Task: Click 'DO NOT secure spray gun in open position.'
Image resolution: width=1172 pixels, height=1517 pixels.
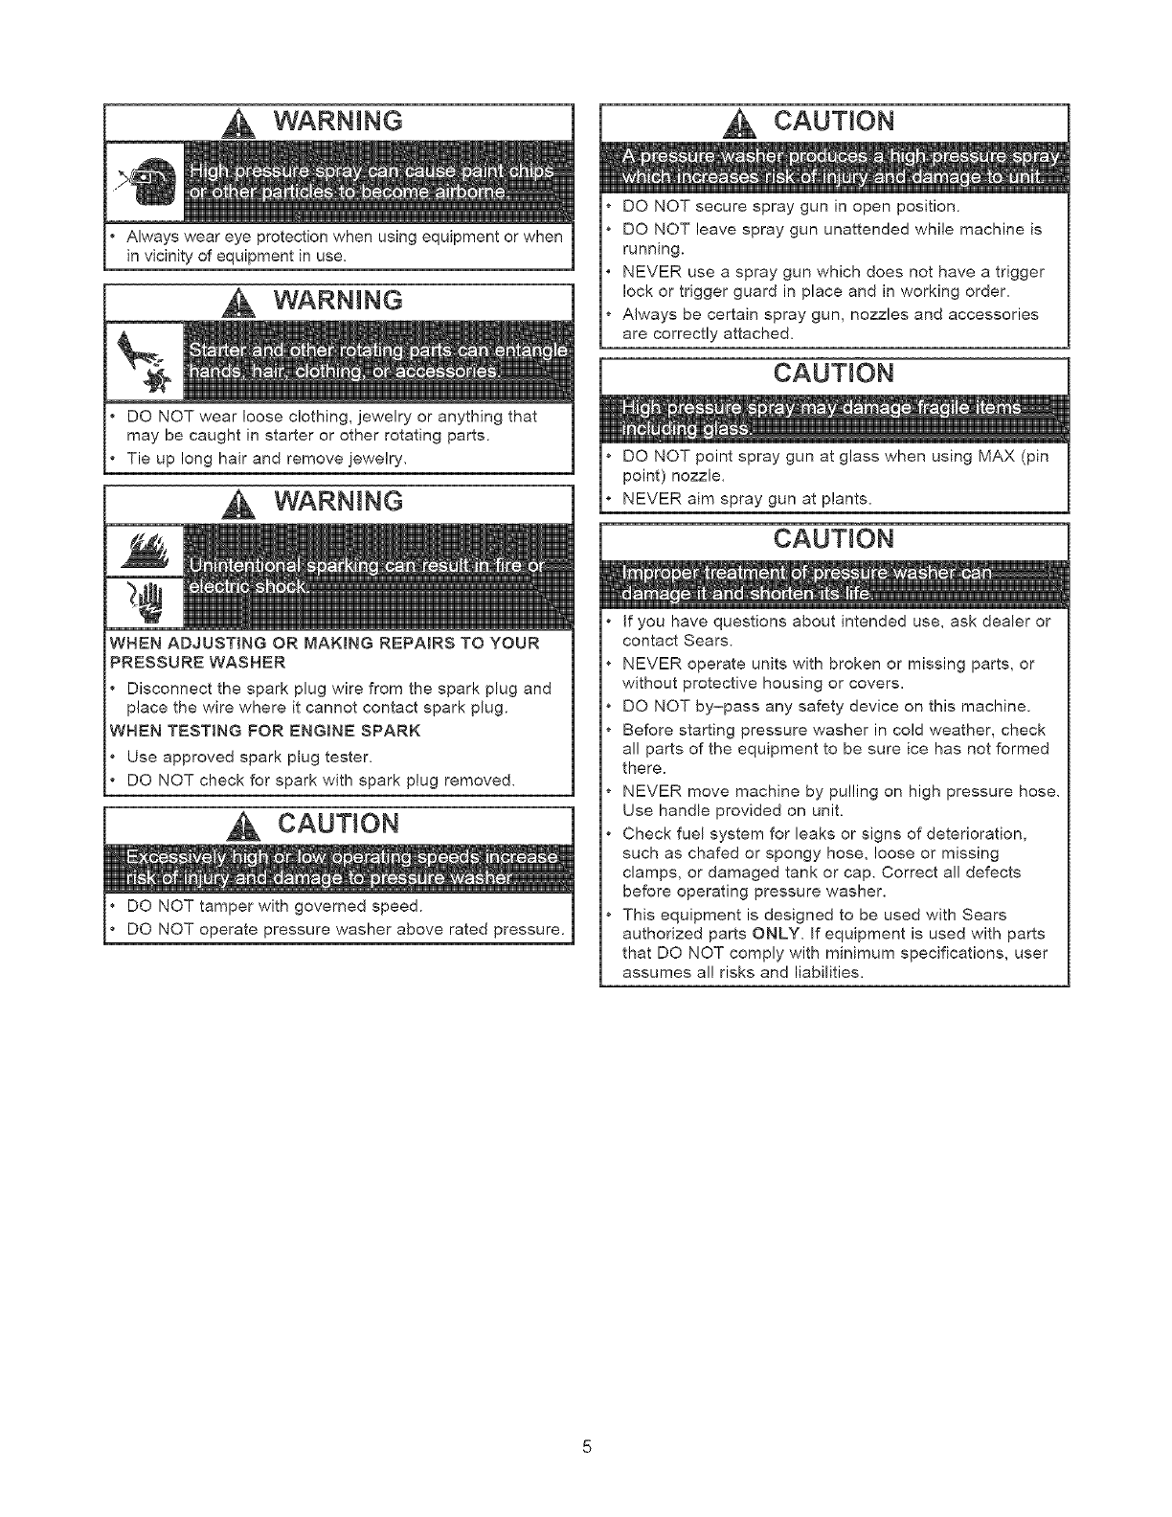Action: tap(790, 206)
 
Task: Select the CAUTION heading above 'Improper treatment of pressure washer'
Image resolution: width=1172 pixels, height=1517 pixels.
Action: tap(833, 538)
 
